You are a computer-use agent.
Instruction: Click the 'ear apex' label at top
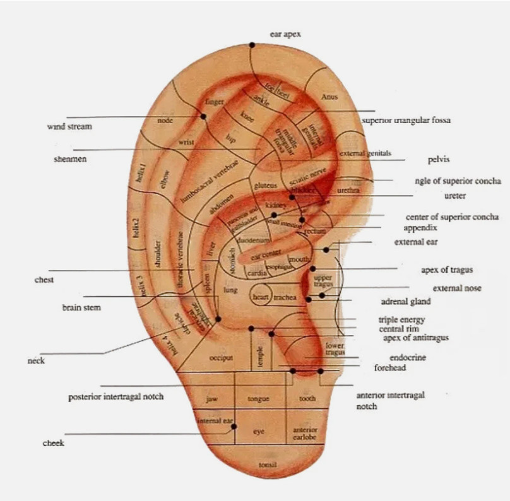(x=285, y=35)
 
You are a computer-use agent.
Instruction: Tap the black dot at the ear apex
(x=252, y=45)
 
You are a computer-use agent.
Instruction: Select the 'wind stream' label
(x=69, y=127)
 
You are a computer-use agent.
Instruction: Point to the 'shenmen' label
(x=70, y=159)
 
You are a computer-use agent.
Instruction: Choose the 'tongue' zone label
(x=258, y=399)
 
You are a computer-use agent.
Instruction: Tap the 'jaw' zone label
(x=212, y=399)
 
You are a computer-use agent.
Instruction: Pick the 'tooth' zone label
(x=307, y=399)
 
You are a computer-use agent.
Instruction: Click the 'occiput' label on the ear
(x=221, y=358)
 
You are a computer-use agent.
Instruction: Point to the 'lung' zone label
(x=230, y=290)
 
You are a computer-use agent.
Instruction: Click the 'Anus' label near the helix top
(x=329, y=97)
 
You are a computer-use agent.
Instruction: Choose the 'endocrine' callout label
(x=408, y=358)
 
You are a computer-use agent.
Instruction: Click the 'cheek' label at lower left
(x=54, y=443)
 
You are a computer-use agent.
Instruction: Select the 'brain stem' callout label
(x=81, y=308)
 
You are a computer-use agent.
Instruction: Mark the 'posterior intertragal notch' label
(x=116, y=397)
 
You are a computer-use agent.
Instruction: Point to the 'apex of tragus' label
(x=447, y=270)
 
